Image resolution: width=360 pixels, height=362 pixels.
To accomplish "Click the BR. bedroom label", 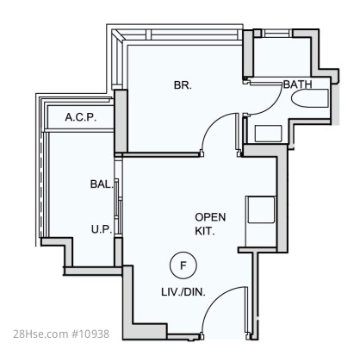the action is pyautogui.click(x=183, y=85).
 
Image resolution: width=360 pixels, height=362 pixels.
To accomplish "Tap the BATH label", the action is pyautogui.click(x=297, y=84).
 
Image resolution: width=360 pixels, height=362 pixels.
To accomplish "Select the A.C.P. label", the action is pyautogui.click(x=81, y=117).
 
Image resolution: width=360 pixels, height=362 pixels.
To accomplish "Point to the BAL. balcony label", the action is pyautogui.click(x=102, y=184).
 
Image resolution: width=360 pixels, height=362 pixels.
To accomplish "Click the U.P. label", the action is pyautogui.click(x=102, y=229).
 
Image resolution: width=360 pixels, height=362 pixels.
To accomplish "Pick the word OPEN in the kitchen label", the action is pyautogui.click(x=210, y=217).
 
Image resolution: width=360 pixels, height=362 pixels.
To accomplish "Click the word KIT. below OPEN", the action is pyautogui.click(x=205, y=231).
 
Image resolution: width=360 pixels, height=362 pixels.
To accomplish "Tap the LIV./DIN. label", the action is pyautogui.click(x=183, y=292).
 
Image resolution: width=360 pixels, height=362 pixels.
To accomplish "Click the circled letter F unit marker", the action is pyautogui.click(x=183, y=265).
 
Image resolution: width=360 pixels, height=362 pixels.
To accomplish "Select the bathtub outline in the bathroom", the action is pyautogui.click(x=309, y=98).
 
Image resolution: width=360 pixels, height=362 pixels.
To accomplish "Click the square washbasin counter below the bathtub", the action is pyautogui.click(x=268, y=134).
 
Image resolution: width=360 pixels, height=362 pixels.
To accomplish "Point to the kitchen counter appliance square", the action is pyautogui.click(x=261, y=209).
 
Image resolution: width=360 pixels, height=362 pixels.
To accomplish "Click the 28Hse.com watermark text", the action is pyautogui.click(x=40, y=334).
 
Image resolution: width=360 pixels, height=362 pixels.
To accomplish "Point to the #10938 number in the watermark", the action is pyautogui.click(x=90, y=334).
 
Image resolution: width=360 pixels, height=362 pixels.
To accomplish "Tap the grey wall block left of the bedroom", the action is pyautogui.click(x=121, y=121).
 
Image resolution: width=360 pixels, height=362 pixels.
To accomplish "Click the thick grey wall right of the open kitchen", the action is pyautogui.click(x=282, y=201).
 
